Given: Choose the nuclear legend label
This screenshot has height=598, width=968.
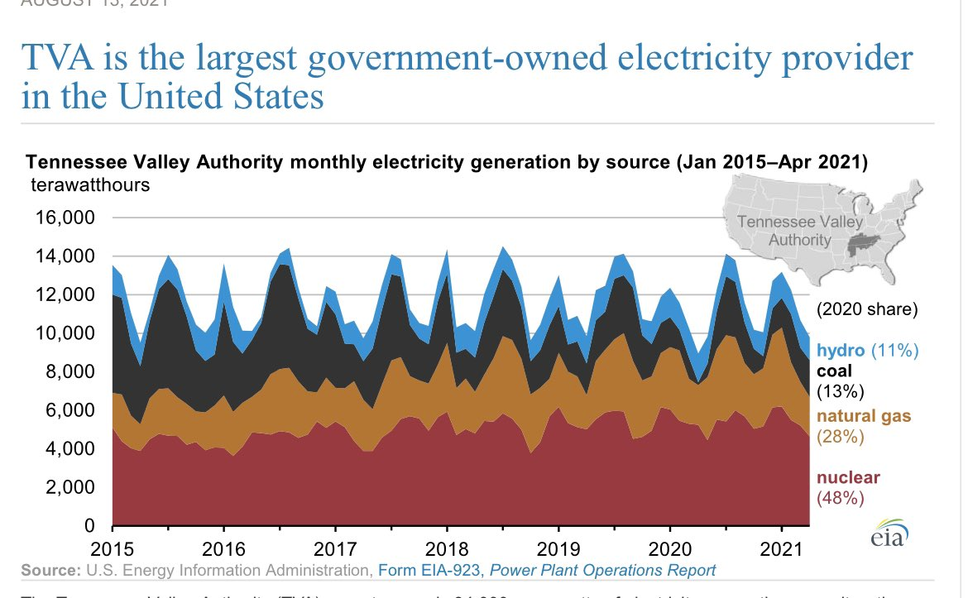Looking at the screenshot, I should coord(848,477).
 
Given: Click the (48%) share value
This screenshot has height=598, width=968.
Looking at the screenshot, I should coord(840,498).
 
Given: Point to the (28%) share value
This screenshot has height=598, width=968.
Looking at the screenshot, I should coord(840,437).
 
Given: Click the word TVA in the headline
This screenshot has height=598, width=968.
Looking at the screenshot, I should coord(59,60).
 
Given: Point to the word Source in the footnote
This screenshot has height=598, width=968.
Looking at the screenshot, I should coord(48,570).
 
